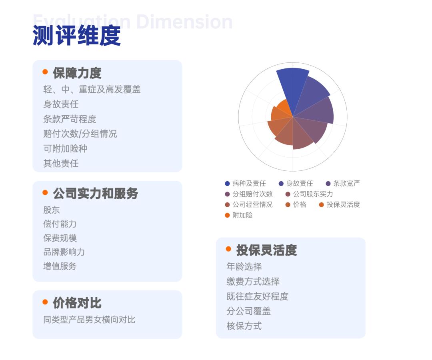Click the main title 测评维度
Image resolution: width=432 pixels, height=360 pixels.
click(76, 36)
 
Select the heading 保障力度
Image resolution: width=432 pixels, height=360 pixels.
click(77, 73)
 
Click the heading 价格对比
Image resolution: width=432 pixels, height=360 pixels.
click(77, 303)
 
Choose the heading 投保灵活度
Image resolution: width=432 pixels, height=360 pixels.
click(266, 250)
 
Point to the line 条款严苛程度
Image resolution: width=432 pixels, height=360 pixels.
click(70, 119)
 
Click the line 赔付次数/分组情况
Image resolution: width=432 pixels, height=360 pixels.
click(80, 134)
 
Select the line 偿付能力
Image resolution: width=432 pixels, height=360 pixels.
click(60, 224)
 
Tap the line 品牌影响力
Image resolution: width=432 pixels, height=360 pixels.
click(64, 252)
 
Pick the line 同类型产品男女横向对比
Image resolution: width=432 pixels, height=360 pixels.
click(89, 320)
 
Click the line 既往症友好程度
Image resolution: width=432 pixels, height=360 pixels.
click(257, 296)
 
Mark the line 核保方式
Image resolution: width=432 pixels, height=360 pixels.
click(244, 326)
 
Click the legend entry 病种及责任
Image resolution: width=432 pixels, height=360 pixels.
click(249, 184)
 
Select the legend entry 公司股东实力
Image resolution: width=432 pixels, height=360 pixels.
click(313, 194)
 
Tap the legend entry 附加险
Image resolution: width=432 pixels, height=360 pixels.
click(242, 215)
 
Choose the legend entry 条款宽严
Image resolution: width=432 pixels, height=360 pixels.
click(346, 184)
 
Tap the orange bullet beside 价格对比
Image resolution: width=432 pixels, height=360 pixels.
click(45, 302)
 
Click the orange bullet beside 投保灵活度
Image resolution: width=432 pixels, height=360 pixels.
click(228, 249)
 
